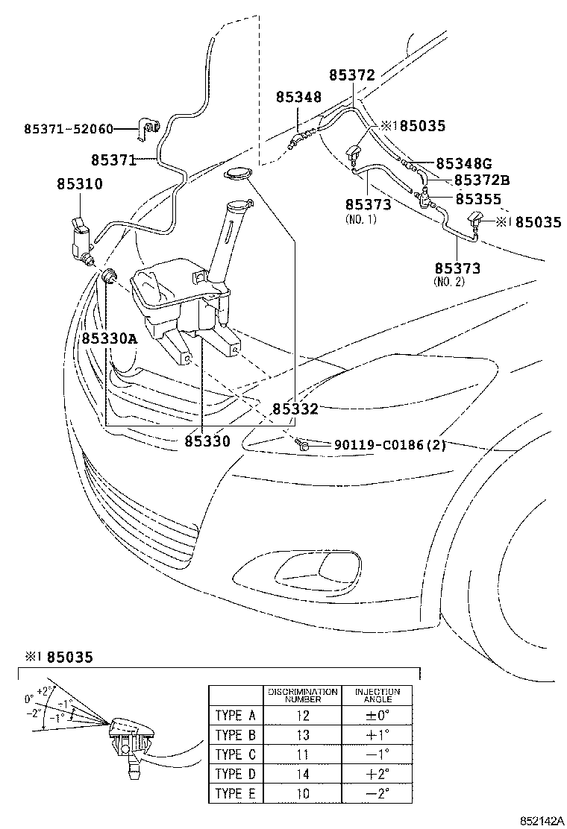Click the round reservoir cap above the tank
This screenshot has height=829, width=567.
pyautogui.click(x=237, y=175)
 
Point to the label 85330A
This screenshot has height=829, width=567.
pyautogui.click(x=110, y=338)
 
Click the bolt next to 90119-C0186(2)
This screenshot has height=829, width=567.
pyautogui.click(x=303, y=445)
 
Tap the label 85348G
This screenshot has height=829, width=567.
pyautogui.click(x=464, y=163)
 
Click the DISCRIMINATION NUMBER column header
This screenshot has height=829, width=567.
pyautogui.click(x=304, y=696)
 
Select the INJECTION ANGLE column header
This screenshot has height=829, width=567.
pyautogui.click(x=378, y=696)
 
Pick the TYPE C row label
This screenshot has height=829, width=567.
pyautogui.click(x=235, y=754)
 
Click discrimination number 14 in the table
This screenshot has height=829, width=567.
pyautogui.click(x=304, y=773)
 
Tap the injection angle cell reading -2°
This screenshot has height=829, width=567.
pyautogui.click(x=378, y=792)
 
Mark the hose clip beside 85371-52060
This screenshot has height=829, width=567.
pyautogui.click(x=150, y=130)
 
